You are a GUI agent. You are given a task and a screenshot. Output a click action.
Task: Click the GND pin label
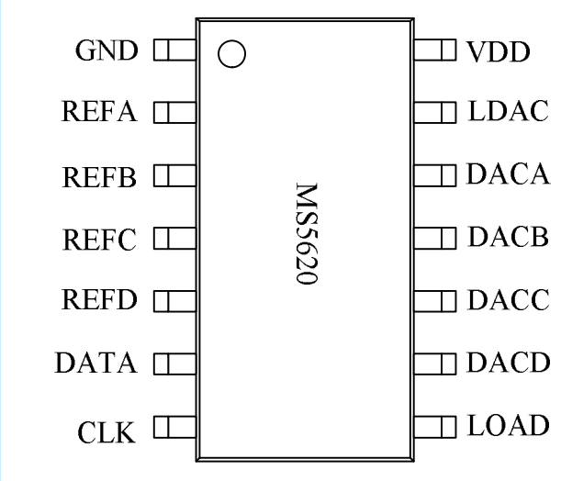(106, 50)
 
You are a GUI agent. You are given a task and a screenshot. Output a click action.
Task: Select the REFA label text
(100, 114)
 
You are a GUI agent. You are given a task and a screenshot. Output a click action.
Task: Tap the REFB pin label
(100, 177)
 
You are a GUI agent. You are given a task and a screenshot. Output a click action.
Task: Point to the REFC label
(100, 240)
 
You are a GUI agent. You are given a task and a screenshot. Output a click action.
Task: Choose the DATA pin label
(96, 364)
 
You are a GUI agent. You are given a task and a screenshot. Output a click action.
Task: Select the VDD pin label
(499, 52)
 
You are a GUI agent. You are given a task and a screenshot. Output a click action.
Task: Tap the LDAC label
(508, 113)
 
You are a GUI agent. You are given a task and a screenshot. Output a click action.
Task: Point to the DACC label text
(508, 300)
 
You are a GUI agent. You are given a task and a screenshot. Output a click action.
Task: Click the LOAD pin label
(508, 426)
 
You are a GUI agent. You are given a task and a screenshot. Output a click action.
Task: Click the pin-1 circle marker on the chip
(233, 54)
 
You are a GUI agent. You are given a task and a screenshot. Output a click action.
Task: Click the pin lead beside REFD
(174, 300)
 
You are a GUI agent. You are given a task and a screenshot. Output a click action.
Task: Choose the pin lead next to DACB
(435, 238)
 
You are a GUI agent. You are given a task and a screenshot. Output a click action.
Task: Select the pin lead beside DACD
(435, 364)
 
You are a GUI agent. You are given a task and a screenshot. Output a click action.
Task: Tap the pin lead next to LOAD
(435, 426)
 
